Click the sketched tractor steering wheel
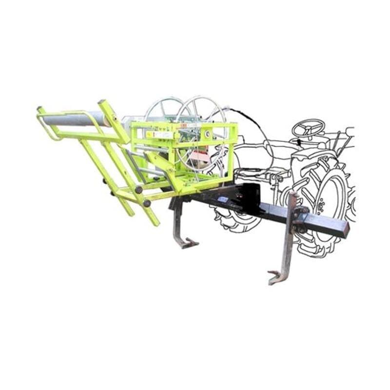click(x=308, y=128)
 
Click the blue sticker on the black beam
click(x=223, y=199)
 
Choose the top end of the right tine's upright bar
click(x=292, y=195)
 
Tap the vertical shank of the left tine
click(x=178, y=219)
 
